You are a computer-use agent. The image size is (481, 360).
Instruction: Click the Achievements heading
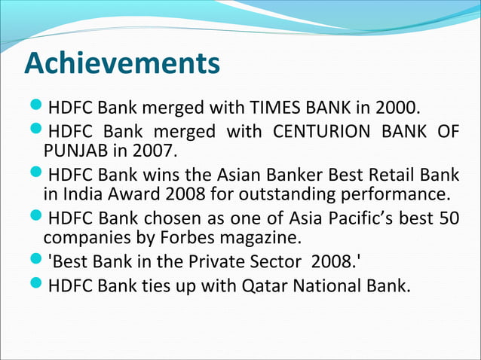(x=122, y=63)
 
